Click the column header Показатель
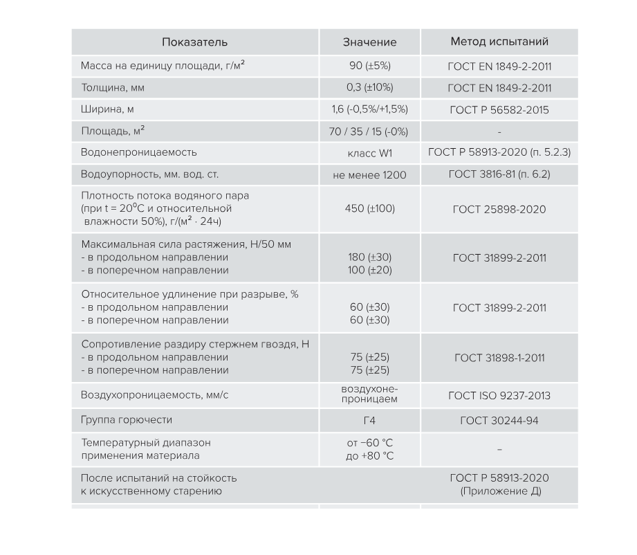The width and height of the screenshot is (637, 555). pyautogui.click(x=194, y=42)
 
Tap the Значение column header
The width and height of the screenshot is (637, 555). pyautogui.click(x=369, y=42)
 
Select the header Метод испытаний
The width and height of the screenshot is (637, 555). pyautogui.click(x=499, y=42)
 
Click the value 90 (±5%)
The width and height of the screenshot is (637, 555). pyautogui.click(x=369, y=66)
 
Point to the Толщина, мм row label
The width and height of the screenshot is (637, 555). pyautogui.click(x=113, y=88)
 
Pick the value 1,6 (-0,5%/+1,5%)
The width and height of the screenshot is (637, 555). pyautogui.click(x=369, y=109)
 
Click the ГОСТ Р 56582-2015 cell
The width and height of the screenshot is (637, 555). pyautogui.click(x=499, y=110)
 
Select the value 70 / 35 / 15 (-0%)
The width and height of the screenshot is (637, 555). pyautogui.click(x=369, y=131)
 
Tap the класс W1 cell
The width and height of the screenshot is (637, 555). pyautogui.click(x=369, y=153)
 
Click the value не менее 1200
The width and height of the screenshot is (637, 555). pyautogui.click(x=369, y=175)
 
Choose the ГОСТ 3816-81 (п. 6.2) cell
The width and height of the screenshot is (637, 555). pyautogui.click(x=499, y=174)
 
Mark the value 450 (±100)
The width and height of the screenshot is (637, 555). pyautogui.click(x=369, y=208)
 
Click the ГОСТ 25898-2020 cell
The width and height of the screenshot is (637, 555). pyautogui.click(x=499, y=209)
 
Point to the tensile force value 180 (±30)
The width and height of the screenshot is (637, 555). pyautogui.click(x=369, y=257)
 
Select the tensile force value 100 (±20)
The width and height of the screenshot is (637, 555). pyautogui.click(x=369, y=271)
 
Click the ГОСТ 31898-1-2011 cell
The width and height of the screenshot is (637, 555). pyautogui.click(x=499, y=358)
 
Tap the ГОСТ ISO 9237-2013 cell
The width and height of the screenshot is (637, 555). pyautogui.click(x=499, y=396)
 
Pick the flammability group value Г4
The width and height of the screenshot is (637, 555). pyautogui.click(x=369, y=420)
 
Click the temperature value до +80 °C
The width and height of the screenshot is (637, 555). pyautogui.click(x=369, y=456)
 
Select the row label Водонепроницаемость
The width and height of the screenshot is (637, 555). pyautogui.click(x=139, y=152)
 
